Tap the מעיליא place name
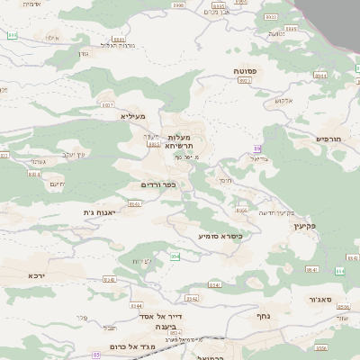(132, 116)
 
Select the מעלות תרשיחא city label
(179, 140)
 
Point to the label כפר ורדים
(157, 184)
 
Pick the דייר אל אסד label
(161, 316)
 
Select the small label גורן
(84, 53)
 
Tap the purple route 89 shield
(257, 147)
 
